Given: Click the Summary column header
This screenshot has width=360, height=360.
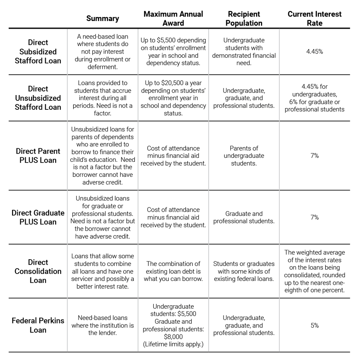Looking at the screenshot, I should [x=102, y=18].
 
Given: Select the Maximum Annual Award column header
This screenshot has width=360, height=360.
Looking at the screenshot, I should [x=173, y=18].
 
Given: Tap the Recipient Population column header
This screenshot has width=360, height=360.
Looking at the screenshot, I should [x=244, y=18].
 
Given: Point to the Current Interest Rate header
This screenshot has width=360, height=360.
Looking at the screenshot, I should [x=314, y=18].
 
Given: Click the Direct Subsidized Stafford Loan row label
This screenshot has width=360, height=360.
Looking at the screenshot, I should [x=38, y=52].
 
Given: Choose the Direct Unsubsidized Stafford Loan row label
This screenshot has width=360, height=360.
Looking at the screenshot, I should [x=38, y=98].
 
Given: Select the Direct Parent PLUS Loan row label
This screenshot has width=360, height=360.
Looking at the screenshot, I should [x=38, y=155].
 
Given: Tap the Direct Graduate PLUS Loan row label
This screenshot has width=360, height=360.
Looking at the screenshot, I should [x=38, y=217].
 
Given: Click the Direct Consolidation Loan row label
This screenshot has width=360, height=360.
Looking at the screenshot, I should [x=38, y=271].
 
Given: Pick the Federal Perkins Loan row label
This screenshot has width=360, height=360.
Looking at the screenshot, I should [x=38, y=325].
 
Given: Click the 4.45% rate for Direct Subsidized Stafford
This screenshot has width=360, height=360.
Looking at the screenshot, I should [x=314, y=52].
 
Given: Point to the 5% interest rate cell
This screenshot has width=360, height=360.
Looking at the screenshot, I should [x=314, y=326].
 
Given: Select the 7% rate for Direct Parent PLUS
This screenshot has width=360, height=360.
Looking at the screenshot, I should [x=314, y=155].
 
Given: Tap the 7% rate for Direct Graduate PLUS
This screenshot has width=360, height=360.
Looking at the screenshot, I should [x=314, y=217].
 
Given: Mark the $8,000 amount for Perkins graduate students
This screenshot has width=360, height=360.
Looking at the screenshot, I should [x=173, y=337].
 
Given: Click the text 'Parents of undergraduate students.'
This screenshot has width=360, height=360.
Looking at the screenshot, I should [x=244, y=155].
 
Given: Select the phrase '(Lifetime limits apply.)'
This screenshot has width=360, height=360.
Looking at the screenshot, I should [x=173, y=344].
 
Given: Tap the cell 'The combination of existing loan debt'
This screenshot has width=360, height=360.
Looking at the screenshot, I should [x=173, y=271].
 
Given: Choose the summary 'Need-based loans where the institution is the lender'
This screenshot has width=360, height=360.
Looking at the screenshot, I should [x=102, y=325].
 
